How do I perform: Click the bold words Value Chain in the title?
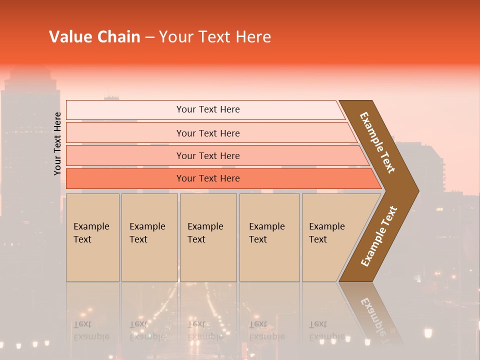click(x=94, y=37)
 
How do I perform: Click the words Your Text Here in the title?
click(x=215, y=37)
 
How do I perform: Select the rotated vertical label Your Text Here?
click(x=57, y=143)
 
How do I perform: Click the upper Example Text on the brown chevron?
click(x=377, y=142)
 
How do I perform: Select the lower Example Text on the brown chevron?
click(x=379, y=236)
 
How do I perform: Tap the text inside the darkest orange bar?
click(x=208, y=178)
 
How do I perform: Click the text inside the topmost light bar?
click(x=208, y=109)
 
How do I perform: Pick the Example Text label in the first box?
click(x=91, y=233)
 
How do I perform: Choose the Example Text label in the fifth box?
click(x=326, y=233)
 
